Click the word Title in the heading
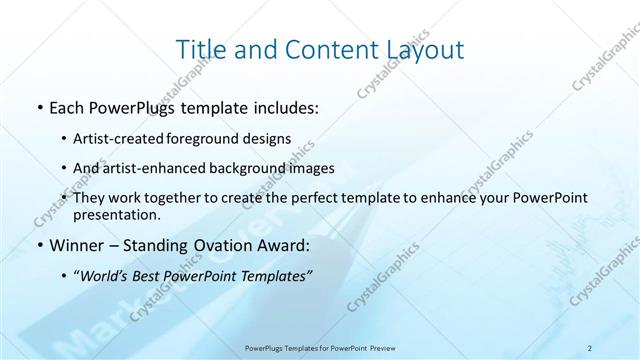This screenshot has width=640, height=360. pyautogui.click(x=201, y=49)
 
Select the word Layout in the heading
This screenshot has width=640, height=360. pyautogui.click(x=424, y=49)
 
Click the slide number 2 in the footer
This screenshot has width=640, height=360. pyautogui.click(x=590, y=347)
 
